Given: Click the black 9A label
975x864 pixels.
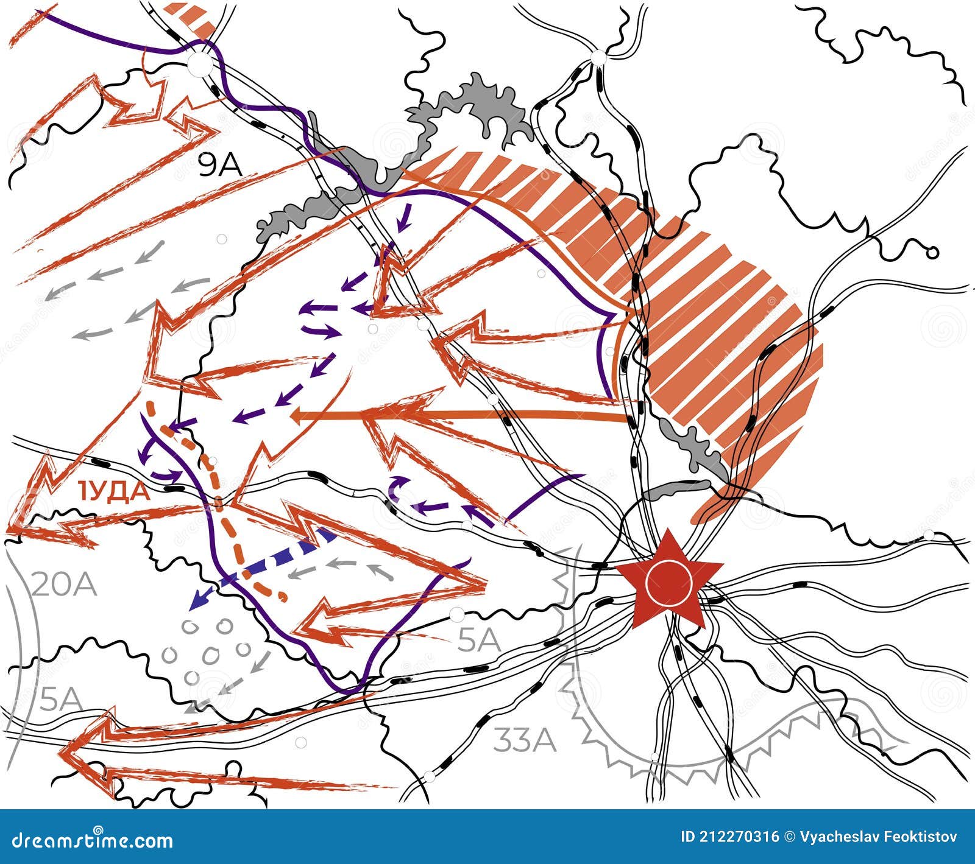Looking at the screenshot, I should [220, 164].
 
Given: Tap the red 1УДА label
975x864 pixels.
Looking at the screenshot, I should [113, 491].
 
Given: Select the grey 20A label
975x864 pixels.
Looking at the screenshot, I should [63, 585].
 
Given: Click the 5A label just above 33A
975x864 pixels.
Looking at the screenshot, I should [479, 641].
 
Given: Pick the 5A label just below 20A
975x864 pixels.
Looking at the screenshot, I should [61, 700].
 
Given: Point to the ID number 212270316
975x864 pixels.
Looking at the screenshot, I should [729, 837].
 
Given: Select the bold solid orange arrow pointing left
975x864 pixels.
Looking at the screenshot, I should [457, 416].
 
